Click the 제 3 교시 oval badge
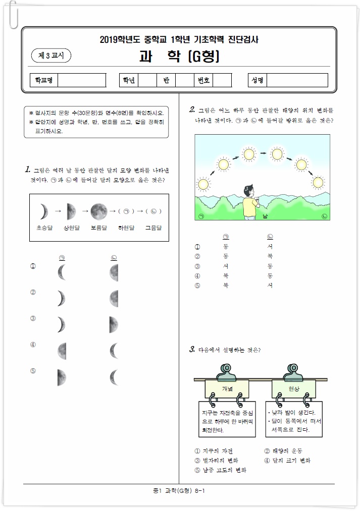coord(51,55)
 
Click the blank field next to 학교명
coord(82,80)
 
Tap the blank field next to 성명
coord(297,80)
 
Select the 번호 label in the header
coord(204,80)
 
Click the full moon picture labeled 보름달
coord(99,212)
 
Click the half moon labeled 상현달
coord(71,212)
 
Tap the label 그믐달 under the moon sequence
coord(153,228)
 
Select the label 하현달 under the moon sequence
coord(126,228)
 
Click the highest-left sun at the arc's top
coord(249,154)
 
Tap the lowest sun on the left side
coord(203,185)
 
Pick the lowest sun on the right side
coord(318,183)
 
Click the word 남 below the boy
coord(265,216)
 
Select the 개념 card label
coord(227,388)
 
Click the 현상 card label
coord(294,388)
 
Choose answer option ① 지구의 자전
coord(214,451)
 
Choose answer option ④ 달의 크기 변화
coord(287,461)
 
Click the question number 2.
coord(192,109)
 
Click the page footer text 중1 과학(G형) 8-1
coord(179,490)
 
